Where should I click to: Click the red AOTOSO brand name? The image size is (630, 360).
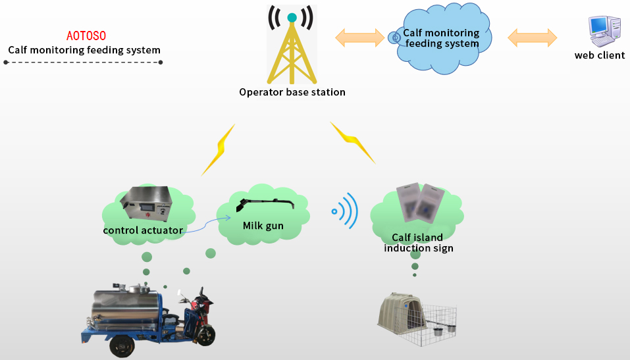[86, 36]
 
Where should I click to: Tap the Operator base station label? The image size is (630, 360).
[292, 92]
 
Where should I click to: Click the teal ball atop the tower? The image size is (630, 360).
[292, 18]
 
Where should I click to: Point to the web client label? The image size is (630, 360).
[599, 55]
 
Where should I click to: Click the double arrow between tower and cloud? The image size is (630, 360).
[359, 37]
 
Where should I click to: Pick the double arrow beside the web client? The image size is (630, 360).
[532, 37]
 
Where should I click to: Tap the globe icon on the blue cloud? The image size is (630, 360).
[395, 38]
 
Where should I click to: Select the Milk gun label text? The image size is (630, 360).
[263, 226]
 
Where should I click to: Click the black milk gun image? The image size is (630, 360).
[266, 204]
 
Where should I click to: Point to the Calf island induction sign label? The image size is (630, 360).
[418, 243]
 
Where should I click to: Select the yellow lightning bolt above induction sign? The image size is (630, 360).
[352, 141]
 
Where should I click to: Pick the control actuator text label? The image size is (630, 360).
[143, 230]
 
